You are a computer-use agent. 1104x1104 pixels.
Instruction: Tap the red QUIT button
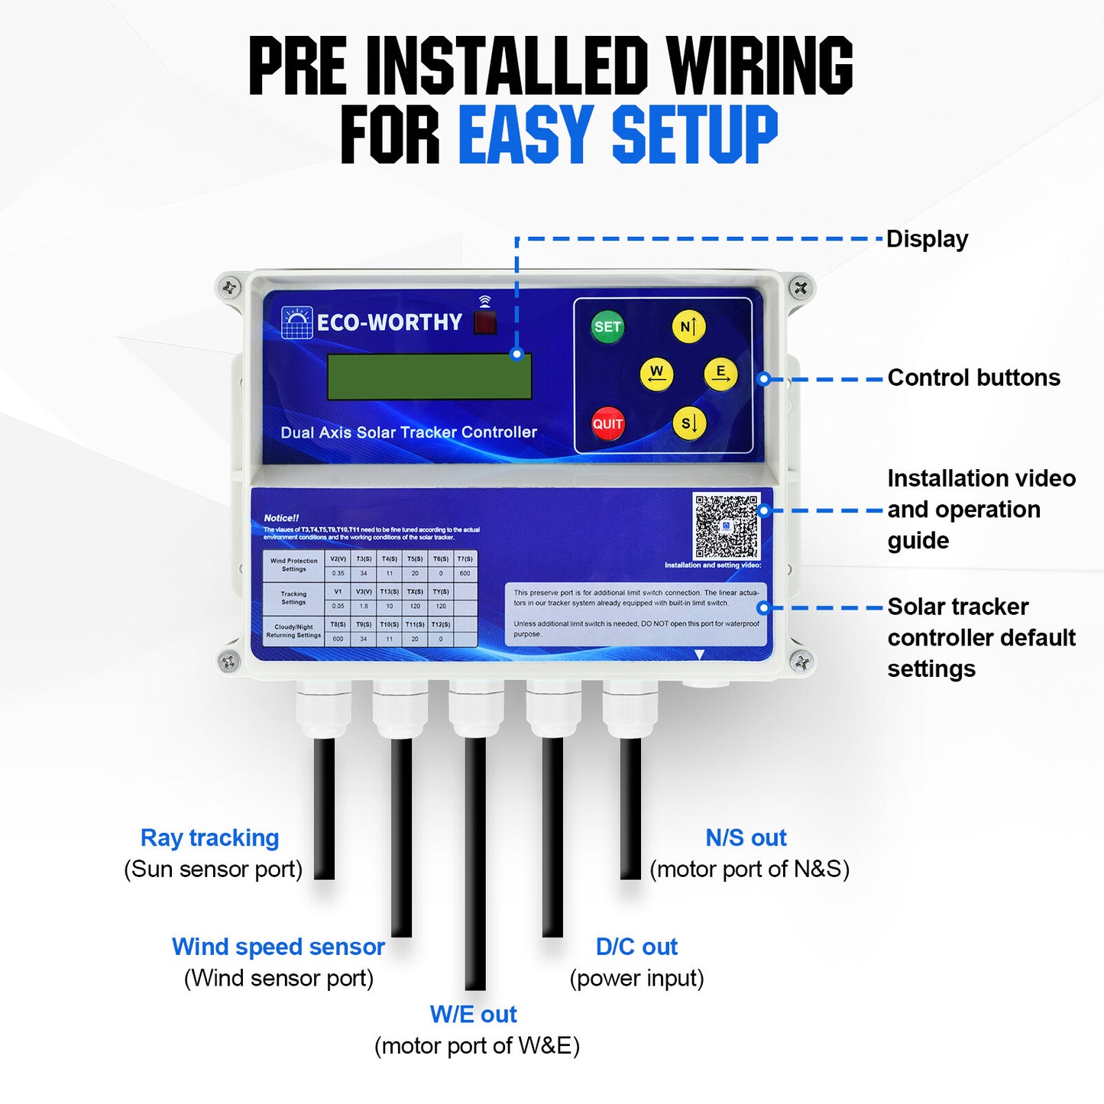[607, 424]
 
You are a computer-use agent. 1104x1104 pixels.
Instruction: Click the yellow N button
[688, 327]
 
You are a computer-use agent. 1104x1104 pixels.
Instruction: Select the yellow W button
[656, 374]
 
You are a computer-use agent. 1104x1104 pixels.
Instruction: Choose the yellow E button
[720, 374]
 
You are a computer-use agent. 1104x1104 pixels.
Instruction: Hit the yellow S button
[688, 423]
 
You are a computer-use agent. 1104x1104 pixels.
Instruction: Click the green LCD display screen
[429, 377]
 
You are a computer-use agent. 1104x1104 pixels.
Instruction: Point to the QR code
[726, 526]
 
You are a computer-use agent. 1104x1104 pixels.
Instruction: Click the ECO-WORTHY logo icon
[296, 322]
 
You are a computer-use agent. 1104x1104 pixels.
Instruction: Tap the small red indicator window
[485, 322]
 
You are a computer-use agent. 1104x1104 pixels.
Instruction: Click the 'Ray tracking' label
[209, 838]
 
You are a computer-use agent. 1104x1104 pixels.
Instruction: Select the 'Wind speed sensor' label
[278, 947]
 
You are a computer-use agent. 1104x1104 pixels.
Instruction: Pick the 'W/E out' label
[474, 1015]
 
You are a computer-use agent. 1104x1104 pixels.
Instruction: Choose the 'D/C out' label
[636, 947]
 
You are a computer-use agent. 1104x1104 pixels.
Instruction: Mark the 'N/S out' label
[746, 838]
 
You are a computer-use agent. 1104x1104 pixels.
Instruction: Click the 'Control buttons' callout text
[973, 377]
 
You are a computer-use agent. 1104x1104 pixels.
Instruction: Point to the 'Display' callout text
[927, 239]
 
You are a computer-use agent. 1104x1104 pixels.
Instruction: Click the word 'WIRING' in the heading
[759, 66]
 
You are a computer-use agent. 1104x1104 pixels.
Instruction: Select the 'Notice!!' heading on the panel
[281, 518]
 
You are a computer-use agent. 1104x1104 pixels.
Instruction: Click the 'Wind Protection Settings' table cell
[293, 565]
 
